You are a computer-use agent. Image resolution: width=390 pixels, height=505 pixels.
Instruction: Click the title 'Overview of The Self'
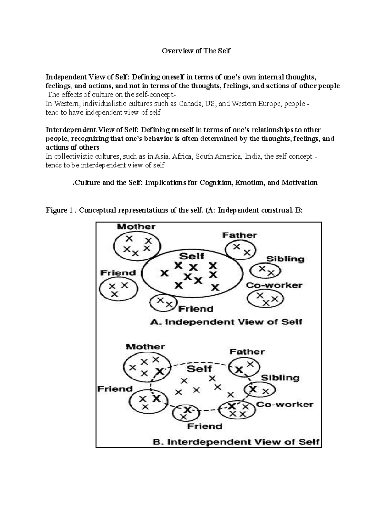coord(196,51)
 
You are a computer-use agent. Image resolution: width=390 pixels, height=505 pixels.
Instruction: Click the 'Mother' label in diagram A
coord(136,227)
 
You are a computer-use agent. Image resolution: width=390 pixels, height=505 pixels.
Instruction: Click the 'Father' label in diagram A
coord(240,235)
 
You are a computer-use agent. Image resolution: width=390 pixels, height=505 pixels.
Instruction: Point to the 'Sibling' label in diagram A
coord(285,259)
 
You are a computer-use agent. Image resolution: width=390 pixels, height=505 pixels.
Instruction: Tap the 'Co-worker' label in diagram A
coord(274,286)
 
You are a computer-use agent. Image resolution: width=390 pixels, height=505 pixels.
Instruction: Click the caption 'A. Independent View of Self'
coord(226,322)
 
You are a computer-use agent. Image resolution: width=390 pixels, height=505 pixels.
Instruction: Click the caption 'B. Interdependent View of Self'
coord(236,442)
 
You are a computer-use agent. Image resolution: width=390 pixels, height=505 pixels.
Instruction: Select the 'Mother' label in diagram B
coord(145,347)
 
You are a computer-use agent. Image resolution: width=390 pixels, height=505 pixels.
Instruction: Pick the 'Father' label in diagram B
coord(247,352)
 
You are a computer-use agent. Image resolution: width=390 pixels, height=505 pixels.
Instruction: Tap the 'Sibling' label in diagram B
coord(280,378)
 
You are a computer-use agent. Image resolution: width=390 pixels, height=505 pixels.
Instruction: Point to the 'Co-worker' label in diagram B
coord(285,405)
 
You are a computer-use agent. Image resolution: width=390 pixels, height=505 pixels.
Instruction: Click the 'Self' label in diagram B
coord(199,369)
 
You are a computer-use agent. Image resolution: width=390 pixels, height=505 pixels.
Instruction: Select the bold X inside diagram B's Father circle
coord(240,370)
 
